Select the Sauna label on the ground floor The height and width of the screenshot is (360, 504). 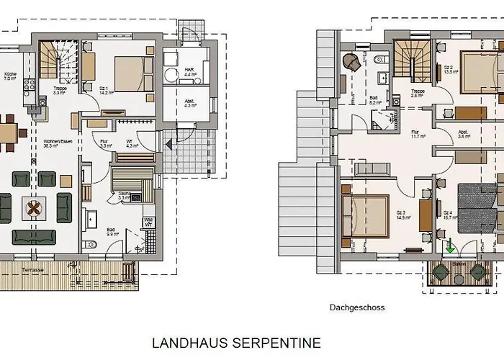tap(123, 195)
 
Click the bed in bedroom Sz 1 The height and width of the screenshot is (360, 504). tap(134, 74)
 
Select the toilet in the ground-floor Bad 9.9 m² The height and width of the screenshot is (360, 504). tap(89, 246)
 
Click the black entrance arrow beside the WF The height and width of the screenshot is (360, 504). tap(168, 144)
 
